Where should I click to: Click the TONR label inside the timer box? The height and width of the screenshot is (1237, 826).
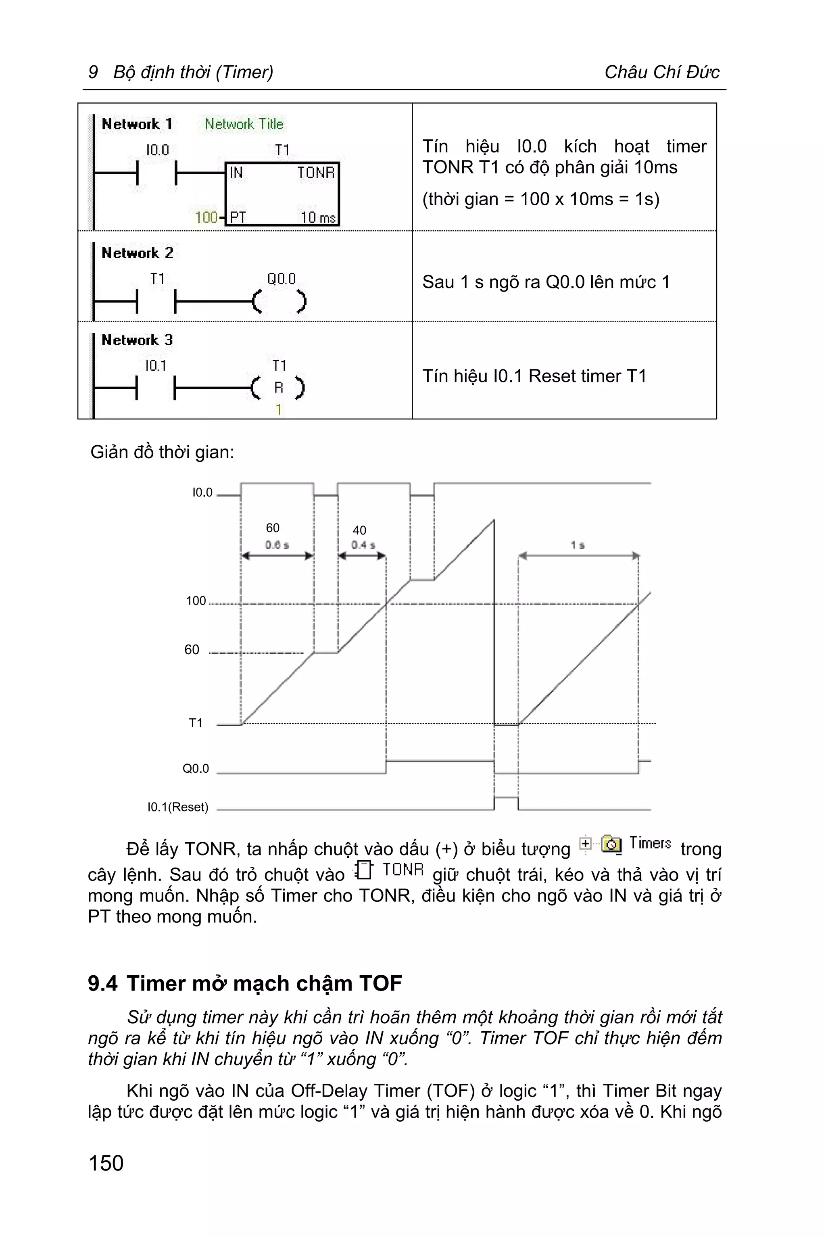pos(315,173)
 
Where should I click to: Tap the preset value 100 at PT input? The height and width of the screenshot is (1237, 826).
pos(206,217)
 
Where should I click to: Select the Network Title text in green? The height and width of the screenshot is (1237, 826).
pos(244,124)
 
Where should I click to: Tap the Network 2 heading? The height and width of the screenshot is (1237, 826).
pos(137,253)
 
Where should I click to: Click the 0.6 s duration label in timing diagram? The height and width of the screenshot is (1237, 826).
pos(277,545)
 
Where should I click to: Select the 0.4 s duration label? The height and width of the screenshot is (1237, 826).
pos(363,545)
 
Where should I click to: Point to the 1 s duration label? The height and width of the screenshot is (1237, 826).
pos(578,545)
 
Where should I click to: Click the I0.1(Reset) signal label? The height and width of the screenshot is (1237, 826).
pos(177,807)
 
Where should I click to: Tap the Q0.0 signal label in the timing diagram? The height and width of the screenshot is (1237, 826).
pos(196,769)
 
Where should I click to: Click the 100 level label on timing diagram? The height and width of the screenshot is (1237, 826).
pos(196,601)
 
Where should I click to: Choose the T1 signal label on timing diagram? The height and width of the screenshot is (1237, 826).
pos(196,723)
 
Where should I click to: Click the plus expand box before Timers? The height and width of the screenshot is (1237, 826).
pos(585,843)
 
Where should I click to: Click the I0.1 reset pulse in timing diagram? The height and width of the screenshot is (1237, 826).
pos(506,799)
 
